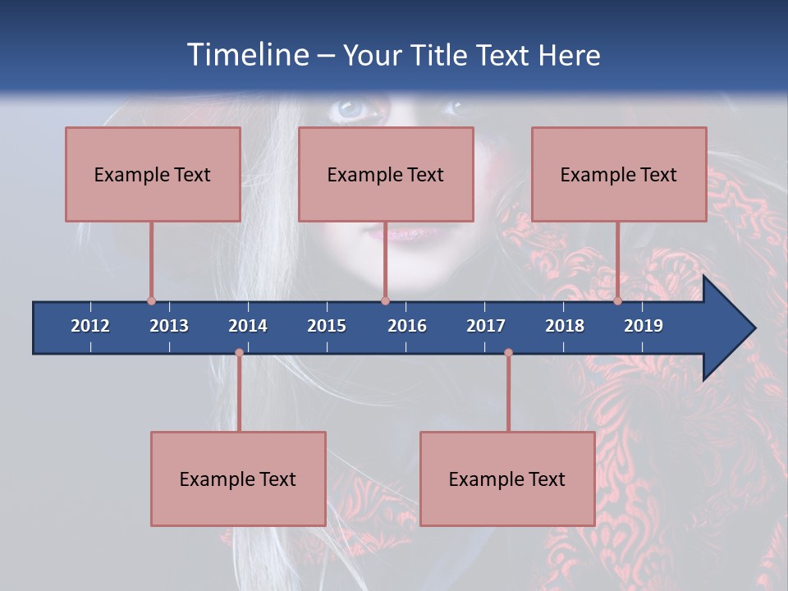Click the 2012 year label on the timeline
(x=90, y=326)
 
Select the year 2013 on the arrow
(x=169, y=326)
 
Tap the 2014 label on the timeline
(x=248, y=326)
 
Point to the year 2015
(x=327, y=326)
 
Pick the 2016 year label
(x=407, y=326)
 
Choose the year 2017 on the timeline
(x=486, y=326)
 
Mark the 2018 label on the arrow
(x=565, y=326)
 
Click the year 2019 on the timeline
(x=644, y=326)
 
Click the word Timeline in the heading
(x=245, y=55)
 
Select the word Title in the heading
(x=442, y=55)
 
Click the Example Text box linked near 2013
(x=153, y=174)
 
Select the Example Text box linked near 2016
(x=386, y=174)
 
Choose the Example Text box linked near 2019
(x=619, y=174)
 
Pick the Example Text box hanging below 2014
(x=238, y=479)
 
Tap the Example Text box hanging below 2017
(x=507, y=479)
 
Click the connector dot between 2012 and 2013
(x=151, y=301)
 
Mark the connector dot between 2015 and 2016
(x=386, y=301)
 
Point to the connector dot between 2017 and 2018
(x=508, y=353)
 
